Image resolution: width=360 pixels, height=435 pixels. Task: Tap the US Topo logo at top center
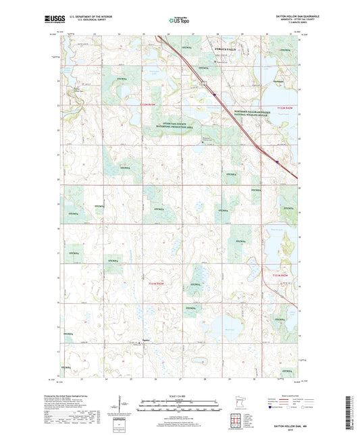click(179, 21)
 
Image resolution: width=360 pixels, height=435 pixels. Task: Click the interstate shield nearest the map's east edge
click(278, 161)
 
